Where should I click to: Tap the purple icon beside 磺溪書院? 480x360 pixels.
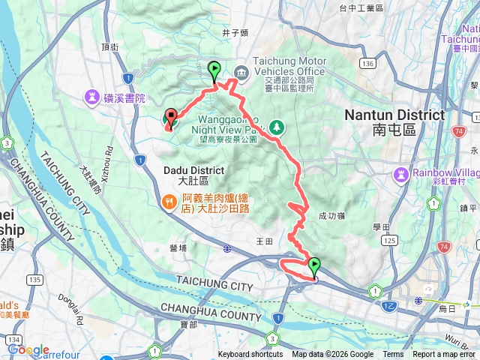tap(92, 97)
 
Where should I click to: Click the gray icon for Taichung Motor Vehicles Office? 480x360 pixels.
tap(241, 72)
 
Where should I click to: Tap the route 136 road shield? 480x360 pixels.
tap(367, 64)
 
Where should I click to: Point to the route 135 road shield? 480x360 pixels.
tap(34, 279)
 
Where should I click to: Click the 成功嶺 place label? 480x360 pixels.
tap(331, 214)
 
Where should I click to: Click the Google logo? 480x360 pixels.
tap(28, 349)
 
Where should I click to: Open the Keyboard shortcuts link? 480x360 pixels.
tap(250, 355)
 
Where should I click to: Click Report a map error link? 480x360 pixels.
tap(445, 355)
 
